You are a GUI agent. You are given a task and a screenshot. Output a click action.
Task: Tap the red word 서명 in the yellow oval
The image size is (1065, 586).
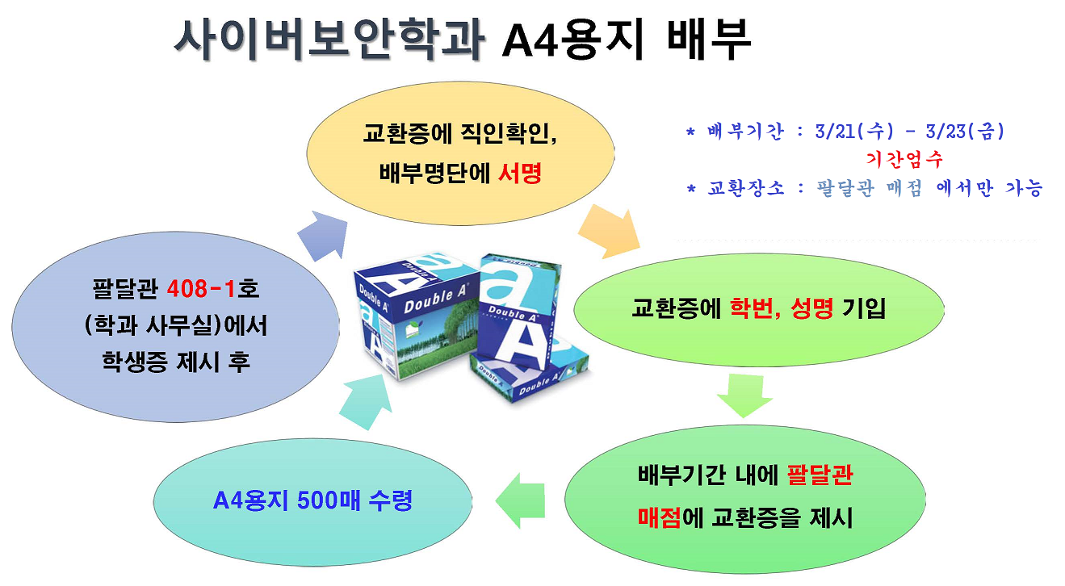(x=520, y=173)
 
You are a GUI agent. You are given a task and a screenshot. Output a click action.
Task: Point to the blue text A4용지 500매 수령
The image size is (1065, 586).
(x=312, y=500)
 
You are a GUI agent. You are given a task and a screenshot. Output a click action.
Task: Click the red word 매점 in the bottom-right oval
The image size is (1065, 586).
(x=660, y=517)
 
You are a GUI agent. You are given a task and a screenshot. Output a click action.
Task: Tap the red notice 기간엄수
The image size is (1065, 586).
(x=904, y=158)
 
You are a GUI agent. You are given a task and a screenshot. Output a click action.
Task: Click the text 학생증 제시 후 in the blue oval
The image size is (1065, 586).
(x=175, y=361)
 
